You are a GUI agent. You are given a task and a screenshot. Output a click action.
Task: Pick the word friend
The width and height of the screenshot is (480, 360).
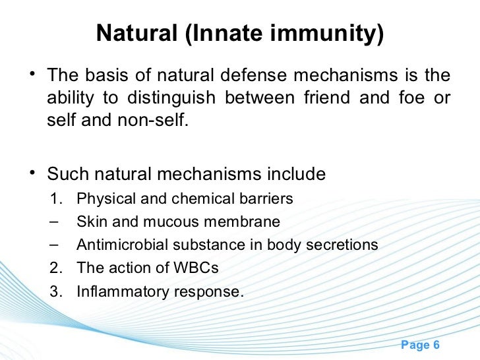point(327,99)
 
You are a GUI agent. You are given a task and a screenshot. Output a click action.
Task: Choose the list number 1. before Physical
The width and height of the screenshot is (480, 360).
point(55,198)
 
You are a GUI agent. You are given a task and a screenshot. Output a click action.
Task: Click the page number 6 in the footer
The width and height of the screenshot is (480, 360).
point(435,345)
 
